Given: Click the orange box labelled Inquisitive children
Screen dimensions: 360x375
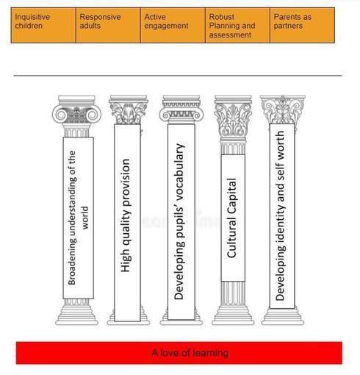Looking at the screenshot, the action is click(43, 25).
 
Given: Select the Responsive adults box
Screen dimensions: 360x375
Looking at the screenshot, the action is click(108, 25).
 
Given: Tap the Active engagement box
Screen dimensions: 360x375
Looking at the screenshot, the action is click(173, 25).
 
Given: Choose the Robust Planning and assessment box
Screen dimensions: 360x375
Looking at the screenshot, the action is click(237, 25).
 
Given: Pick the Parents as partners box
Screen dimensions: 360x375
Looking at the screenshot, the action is click(302, 25).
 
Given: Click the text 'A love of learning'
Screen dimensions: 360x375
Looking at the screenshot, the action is click(190, 353).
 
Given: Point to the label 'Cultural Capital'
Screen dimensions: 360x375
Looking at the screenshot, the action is click(232, 218).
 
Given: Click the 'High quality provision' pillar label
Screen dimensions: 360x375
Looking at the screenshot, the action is click(126, 215).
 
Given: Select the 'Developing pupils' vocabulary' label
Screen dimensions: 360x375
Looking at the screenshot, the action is click(179, 221).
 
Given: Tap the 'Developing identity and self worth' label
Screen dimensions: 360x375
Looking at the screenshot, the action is click(281, 216).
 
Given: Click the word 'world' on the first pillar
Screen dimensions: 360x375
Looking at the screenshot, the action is click(85, 218).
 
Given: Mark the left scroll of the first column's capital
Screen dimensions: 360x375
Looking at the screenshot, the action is click(60, 115).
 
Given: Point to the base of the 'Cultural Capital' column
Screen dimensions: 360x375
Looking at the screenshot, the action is click(233, 315).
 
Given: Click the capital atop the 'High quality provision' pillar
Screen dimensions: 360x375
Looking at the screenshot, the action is click(129, 110).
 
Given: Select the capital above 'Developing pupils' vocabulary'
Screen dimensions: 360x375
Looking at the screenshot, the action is click(181, 110).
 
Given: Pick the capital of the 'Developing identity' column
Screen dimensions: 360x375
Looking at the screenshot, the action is click(283, 110).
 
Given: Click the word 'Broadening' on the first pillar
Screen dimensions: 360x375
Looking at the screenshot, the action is click(72, 263).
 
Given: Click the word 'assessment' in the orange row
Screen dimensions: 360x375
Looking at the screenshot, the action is click(230, 35).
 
